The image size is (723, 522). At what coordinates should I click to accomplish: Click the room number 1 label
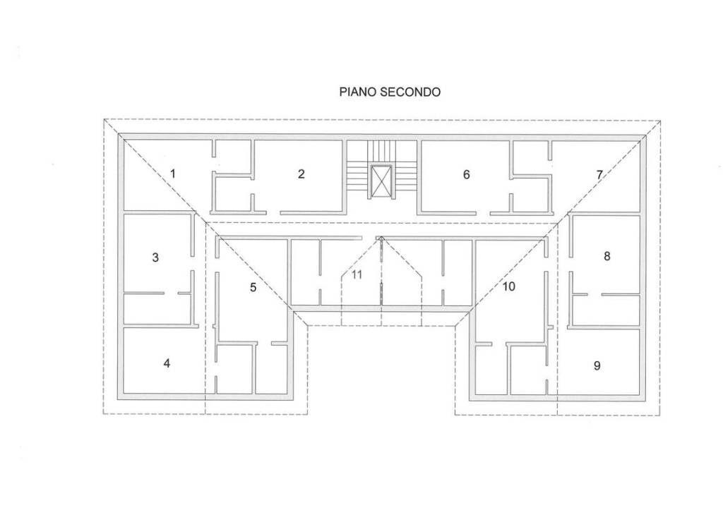[x=173, y=174]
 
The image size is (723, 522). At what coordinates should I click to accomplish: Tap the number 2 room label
[x=301, y=174]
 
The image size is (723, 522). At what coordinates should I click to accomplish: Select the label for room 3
[x=155, y=257]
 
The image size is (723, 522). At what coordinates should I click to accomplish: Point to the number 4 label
[x=167, y=363]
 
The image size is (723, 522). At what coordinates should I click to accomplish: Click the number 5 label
[x=253, y=288]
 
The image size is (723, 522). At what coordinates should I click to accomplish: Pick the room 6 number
[x=466, y=175]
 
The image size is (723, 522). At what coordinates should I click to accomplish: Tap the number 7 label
[x=599, y=175]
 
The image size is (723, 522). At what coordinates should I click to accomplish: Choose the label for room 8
[x=607, y=256]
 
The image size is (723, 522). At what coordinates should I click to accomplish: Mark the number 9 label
[x=597, y=366]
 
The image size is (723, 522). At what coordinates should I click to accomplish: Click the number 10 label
[x=508, y=286]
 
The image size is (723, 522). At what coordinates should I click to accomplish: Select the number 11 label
[x=357, y=274]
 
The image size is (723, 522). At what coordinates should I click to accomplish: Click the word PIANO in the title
[x=358, y=92]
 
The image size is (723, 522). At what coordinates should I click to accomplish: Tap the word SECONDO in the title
[x=410, y=92]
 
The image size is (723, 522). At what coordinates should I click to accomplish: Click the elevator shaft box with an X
[x=381, y=182]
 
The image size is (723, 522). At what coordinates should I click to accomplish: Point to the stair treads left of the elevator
[x=358, y=175]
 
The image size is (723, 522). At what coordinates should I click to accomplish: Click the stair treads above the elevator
[x=381, y=151]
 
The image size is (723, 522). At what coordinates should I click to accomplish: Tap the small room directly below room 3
[x=157, y=309]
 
